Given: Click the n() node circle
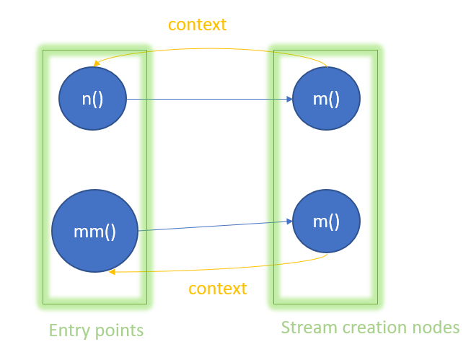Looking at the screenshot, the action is [x=92, y=99].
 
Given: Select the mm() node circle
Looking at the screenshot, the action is [x=95, y=231].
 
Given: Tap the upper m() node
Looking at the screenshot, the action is [x=326, y=99].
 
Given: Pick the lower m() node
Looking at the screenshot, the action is [x=326, y=221].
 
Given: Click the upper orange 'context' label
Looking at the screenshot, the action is [x=198, y=25].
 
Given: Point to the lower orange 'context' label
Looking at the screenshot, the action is [x=218, y=289].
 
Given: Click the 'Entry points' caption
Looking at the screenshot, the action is [x=96, y=330].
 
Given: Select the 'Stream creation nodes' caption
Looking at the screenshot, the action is [x=370, y=328].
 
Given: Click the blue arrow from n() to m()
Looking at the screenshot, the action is [x=209, y=99].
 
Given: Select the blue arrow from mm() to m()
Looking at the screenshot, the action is [x=215, y=226].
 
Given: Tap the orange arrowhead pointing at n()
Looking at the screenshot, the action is [x=97, y=63].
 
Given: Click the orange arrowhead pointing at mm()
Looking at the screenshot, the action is [x=112, y=272].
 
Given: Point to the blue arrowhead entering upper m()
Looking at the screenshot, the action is [x=289, y=99].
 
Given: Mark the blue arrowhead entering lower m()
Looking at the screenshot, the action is [x=289, y=221].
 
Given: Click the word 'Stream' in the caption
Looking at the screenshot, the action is [x=309, y=328].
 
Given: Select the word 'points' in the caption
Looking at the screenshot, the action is [x=119, y=331].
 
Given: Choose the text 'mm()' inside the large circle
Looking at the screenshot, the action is [x=95, y=232].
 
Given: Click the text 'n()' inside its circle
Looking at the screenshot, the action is [x=92, y=99].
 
